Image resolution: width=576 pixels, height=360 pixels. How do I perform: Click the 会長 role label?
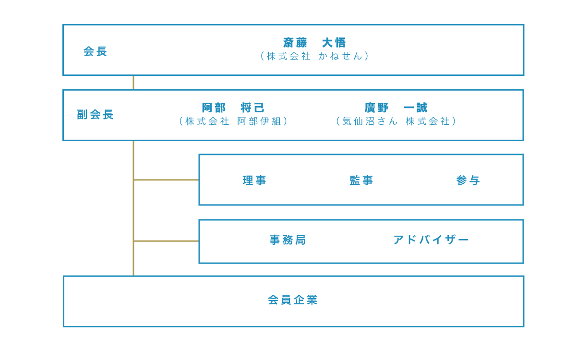click(x=95, y=51)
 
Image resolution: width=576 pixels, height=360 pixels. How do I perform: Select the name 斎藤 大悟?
click(x=314, y=43)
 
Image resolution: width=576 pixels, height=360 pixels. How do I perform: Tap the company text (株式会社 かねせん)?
click(x=314, y=56)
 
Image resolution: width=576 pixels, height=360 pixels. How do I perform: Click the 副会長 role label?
click(x=95, y=115)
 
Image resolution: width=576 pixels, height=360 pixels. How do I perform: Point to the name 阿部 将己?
click(x=233, y=108)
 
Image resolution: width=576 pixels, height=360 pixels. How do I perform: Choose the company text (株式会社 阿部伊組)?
click(x=233, y=121)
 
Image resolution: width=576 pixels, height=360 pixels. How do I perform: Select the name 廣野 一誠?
click(x=396, y=108)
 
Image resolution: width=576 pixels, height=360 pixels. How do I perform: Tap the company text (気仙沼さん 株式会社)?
click(x=396, y=121)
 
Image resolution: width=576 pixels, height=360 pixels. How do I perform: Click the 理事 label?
click(x=254, y=180)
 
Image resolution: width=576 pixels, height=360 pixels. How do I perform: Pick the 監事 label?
click(x=361, y=180)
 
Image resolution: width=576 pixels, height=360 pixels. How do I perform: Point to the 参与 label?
click(x=468, y=180)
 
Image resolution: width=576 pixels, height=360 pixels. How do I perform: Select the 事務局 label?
click(x=288, y=240)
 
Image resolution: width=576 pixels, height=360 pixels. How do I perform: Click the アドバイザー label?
click(x=431, y=240)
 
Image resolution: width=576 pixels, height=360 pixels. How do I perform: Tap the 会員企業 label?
click(x=293, y=300)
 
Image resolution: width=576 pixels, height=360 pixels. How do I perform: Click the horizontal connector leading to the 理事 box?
click(x=166, y=180)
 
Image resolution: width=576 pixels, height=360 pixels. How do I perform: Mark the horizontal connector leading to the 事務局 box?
click(x=166, y=241)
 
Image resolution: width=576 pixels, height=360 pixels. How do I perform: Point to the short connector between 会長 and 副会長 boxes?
click(x=133, y=83)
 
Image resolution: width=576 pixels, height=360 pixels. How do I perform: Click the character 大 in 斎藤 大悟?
click(x=327, y=43)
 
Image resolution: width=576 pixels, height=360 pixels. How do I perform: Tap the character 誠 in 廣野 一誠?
click(x=421, y=108)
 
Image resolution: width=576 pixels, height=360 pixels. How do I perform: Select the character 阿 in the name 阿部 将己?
click(x=207, y=108)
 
